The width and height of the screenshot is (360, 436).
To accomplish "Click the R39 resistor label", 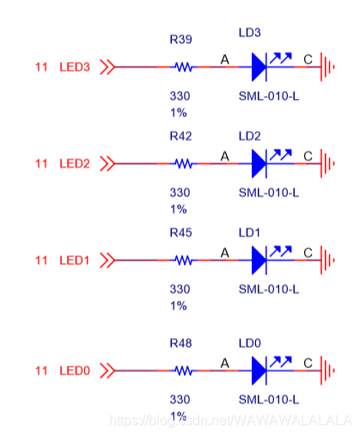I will click(x=181, y=40).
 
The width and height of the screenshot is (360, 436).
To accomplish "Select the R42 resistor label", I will click(x=181, y=136).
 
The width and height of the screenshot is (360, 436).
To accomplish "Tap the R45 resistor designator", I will click(x=181, y=232).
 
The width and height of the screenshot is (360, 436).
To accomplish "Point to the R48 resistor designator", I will click(x=181, y=343).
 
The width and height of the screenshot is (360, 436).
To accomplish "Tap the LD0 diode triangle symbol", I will click(x=262, y=371).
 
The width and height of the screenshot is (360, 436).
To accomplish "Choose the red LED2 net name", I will click(x=74, y=163).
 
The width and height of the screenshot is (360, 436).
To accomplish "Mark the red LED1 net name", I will click(x=74, y=260).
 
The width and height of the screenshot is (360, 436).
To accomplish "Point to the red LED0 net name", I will click(x=74, y=371).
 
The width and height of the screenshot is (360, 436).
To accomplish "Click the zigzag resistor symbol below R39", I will click(x=182, y=66).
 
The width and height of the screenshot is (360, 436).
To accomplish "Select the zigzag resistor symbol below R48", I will click(x=182, y=371).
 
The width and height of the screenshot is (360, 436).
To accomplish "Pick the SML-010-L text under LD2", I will click(x=268, y=193).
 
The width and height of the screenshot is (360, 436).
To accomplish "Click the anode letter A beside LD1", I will click(x=225, y=252).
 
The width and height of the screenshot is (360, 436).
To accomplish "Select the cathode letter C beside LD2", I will click(x=307, y=156).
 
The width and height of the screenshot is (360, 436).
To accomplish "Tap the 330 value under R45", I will click(x=180, y=289).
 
